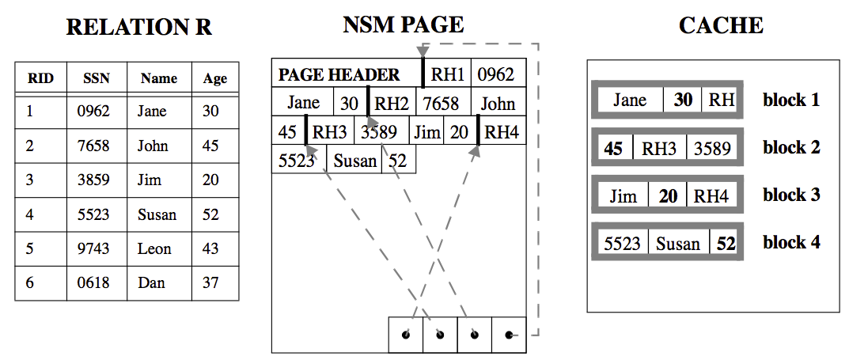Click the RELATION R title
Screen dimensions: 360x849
[138, 27]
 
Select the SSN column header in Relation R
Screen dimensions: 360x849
[97, 78]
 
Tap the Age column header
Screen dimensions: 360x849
[214, 78]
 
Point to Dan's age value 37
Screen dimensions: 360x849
[210, 282]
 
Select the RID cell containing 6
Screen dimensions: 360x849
[30, 282]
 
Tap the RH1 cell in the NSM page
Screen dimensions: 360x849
[447, 75]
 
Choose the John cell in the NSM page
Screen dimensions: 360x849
[498, 104]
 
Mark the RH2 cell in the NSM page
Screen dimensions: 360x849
[392, 104]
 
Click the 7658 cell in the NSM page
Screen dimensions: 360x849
[441, 104]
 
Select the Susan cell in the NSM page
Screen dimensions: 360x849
[355, 161]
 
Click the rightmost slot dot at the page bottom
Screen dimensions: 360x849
[509, 335]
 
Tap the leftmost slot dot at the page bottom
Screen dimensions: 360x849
[406, 335]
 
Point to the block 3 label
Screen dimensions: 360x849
[791, 195]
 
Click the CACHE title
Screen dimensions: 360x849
[721, 26]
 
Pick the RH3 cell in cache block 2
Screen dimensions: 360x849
[658, 148]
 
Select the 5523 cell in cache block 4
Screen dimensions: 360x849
[622, 243]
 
